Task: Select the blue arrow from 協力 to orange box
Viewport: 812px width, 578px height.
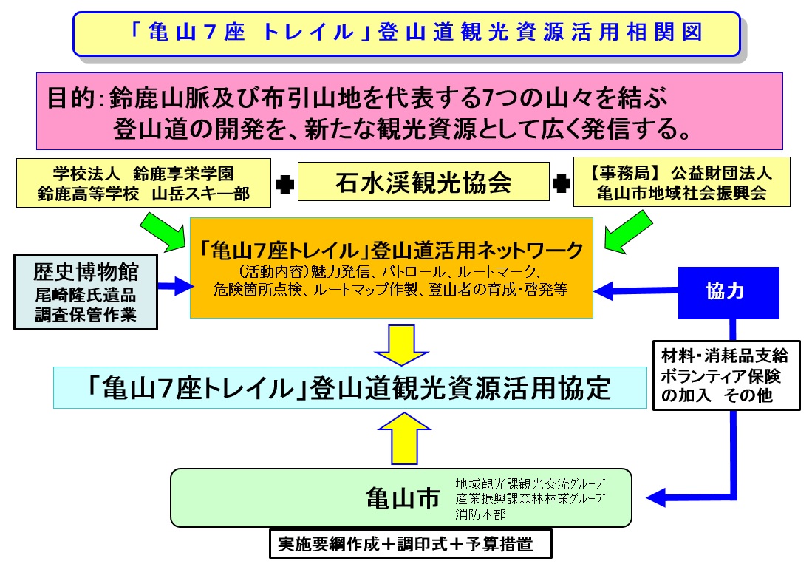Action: coord(635,292)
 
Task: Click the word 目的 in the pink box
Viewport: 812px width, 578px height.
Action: coord(72,98)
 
